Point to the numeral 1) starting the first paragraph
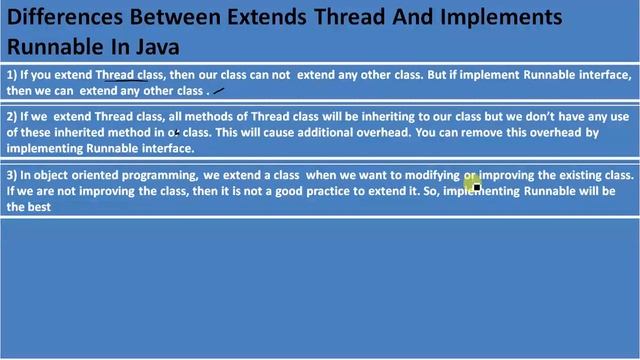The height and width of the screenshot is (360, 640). (x=12, y=75)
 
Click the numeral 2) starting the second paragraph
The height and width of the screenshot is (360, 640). (x=12, y=117)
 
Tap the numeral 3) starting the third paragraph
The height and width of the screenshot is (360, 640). (x=12, y=175)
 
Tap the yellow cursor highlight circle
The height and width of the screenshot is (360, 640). (x=473, y=182)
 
